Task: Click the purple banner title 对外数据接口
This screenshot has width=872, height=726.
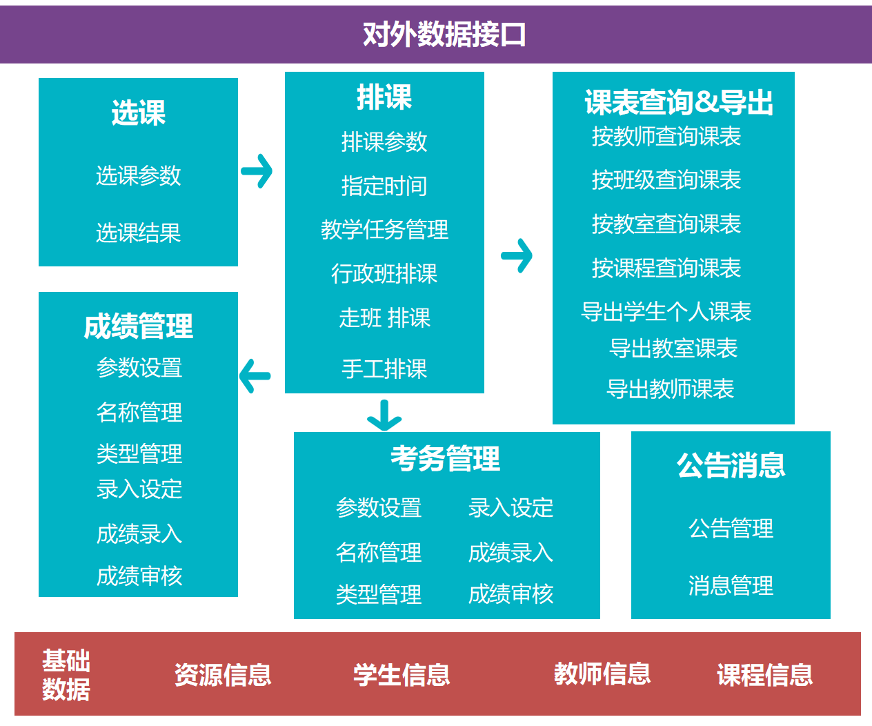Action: (x=444, y=34)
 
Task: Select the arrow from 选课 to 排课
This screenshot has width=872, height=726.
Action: (x=257, y=171)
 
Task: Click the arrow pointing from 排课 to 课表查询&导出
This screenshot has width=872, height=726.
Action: (x=517, y=256)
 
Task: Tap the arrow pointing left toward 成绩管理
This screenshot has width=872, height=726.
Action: (x=255, y=376)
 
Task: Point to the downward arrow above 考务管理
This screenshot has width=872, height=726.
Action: (x=384, y=415)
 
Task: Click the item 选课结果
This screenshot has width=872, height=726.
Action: (x=138, y=233)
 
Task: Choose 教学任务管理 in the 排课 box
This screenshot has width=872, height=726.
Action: (x=384, y=230)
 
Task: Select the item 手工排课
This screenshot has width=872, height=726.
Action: (x=384, y=369)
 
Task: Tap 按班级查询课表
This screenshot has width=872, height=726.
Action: (x=666, y=180)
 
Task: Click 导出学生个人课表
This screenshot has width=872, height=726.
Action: (x=666, y=312)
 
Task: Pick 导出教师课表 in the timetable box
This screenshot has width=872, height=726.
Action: (x=670, y=389)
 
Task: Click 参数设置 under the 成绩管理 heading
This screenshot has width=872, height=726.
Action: (x=139, y=368)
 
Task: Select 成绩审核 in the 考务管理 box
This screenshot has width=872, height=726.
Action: (x=511, y=594)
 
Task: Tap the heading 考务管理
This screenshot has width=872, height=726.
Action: (x=446, y=458)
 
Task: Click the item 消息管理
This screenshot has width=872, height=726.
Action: (x=731, y=586)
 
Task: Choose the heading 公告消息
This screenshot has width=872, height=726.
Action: (x=731, y=466)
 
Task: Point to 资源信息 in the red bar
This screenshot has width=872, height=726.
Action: (x=222, y=675)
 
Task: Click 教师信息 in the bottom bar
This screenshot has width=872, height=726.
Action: (x=602, y=674)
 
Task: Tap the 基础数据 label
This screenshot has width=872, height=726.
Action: (x=66, y=675)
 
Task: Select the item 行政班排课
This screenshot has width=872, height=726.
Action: (x=384, y=274)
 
